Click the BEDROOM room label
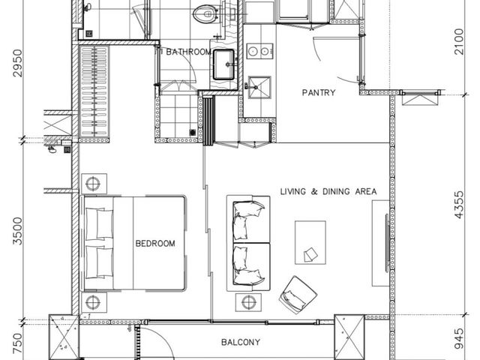coord(155,243)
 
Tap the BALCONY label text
coord(241,342)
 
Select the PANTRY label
coord(319,92)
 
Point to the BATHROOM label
coord(188,52)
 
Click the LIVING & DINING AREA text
coord(328,192)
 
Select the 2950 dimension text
coord(18,63)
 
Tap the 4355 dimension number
coord(459,205)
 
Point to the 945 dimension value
coord(459,339)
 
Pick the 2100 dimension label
coord(459,42)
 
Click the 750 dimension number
coord(18,343)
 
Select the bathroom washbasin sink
coord(224,64)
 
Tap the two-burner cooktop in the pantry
coord(260,51)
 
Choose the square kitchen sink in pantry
coord(259,87)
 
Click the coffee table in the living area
coord(310,242)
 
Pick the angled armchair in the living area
coord(298,295)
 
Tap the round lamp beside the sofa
coord(248,302)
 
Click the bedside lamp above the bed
coord(94,184)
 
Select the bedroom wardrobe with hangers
coord(94,91)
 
